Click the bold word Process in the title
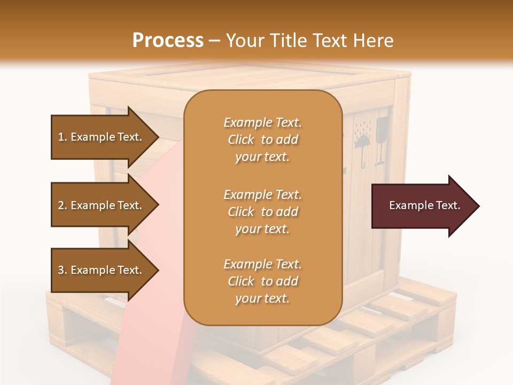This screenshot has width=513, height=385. (x=168, y=40)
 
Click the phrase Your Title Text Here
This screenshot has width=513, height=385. (x=310, y=40)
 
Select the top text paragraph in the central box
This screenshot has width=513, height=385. (x=262, y=140)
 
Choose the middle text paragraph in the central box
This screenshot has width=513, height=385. (x=262, y=211)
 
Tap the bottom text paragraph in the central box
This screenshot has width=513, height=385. (x=262, y=281)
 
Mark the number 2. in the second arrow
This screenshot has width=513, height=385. (x=62, y=205)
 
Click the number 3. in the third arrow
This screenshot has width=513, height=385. (x=62, y=270)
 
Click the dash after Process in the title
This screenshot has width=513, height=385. (x=215, y=41)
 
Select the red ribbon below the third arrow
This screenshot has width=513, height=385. (x=150, y=342)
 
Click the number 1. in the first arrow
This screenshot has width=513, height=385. (x=62, y=137)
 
